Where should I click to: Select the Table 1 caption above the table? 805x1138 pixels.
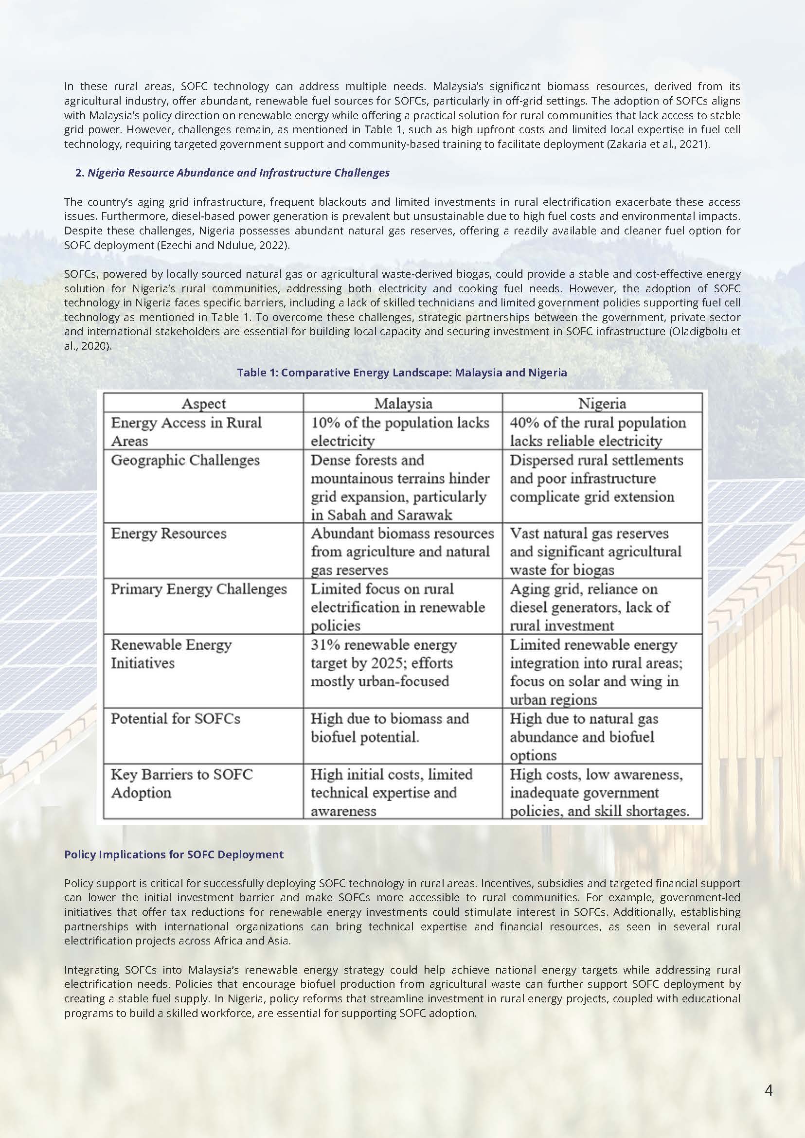401,372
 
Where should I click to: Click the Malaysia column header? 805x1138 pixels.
403,404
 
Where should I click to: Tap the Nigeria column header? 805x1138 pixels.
602,404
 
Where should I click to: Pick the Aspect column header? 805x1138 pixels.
203,404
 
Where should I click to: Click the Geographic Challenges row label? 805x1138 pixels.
185,460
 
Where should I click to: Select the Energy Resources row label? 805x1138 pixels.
168,533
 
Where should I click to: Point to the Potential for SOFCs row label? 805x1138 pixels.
176,719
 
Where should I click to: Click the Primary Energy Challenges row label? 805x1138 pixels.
199,589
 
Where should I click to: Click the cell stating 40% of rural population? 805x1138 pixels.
598,431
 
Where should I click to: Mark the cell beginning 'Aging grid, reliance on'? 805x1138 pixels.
590,607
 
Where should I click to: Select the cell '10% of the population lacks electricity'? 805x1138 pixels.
399,431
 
